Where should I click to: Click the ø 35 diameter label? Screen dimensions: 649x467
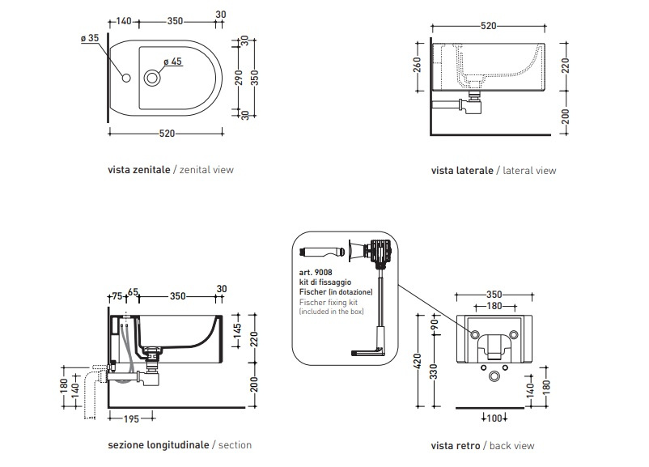[x=90, y=38]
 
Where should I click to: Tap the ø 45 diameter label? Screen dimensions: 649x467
[x=172, y=62]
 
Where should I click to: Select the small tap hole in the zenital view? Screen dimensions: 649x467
[x=126, y=78]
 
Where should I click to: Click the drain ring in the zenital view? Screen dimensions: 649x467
[x=152, y=78]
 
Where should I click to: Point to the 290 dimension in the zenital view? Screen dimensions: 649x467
[x=239, y=78]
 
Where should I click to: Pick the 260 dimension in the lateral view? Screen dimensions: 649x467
[x=417, y=65]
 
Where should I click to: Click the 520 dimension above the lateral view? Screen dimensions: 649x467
[x=489, y=26]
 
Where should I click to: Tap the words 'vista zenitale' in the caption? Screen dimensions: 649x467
[x=139, y=170]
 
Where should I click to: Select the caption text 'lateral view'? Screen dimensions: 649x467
[x=529, y=171]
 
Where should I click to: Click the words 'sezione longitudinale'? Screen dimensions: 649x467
[x=159, y=445]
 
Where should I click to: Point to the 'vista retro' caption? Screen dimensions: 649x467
[x=456, y=446]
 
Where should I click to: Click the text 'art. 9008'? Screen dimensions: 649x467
[x=316, y=273]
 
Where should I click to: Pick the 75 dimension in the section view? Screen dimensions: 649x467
[x=117, y=296]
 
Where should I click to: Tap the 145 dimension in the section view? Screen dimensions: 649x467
[x=237, y=330]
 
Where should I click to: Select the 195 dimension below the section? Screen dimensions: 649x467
[x=131, y=419]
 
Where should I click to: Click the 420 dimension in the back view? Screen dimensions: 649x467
[x=418, y=362]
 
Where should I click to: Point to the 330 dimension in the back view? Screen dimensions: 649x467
[x=433, y=371]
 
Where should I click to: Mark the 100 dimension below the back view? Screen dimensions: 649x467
[x=494, y=418]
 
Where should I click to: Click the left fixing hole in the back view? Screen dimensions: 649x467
[x=475, y=334]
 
